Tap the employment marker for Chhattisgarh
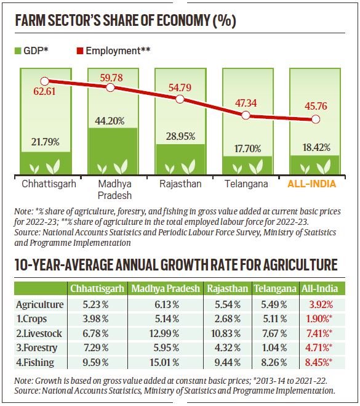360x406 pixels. (44, 81)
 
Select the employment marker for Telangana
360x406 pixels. (246, 115)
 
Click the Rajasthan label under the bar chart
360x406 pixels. (178, 183)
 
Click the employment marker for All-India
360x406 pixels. (316, 119)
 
